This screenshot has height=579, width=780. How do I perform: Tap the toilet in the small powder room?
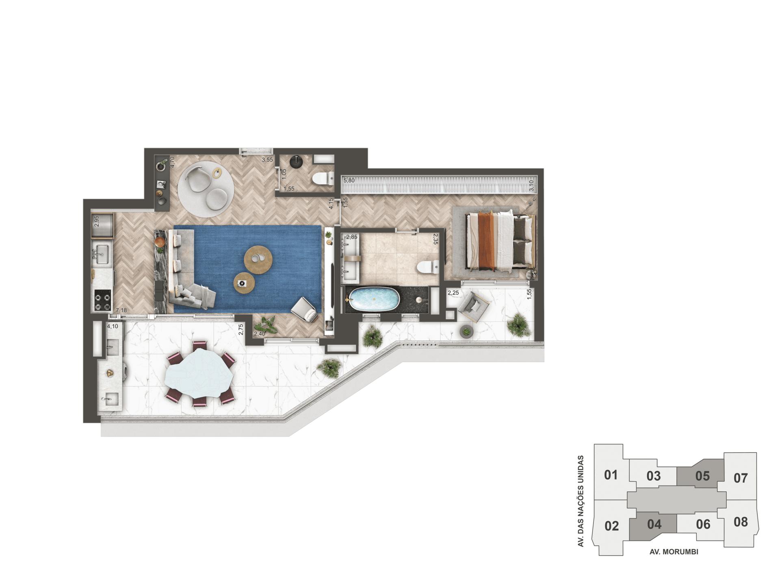[x=324, y=178]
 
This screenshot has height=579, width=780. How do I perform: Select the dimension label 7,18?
[x=121, y=311]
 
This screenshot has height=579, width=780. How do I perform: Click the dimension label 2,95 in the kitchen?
[x=96, y=221]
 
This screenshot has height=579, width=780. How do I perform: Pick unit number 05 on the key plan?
[x=702, y=476]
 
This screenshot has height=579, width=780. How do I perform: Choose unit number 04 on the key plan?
[x=654, y=525]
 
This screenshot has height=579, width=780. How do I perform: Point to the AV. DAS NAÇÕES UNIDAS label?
[x=581, y=501]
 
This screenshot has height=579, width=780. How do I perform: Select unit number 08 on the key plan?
[x=741, y=522]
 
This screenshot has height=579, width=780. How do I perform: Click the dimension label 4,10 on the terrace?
[x=113, y=327]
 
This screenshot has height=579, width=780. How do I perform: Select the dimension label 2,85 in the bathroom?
[x=351, y=237]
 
